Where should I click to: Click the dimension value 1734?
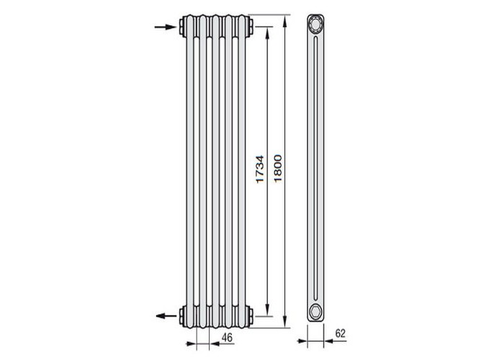(260, 169)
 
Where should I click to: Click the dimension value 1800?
(278, 168)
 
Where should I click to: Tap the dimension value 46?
(227, 338)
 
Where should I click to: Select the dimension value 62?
(340, 333)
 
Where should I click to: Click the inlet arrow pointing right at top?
(166, 27)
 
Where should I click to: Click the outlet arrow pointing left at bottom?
(166, 316)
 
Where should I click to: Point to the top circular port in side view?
(315, 24)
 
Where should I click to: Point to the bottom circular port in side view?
(315, 311)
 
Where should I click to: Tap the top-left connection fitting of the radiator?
(181, 27)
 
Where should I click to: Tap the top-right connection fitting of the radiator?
(251, 27)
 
